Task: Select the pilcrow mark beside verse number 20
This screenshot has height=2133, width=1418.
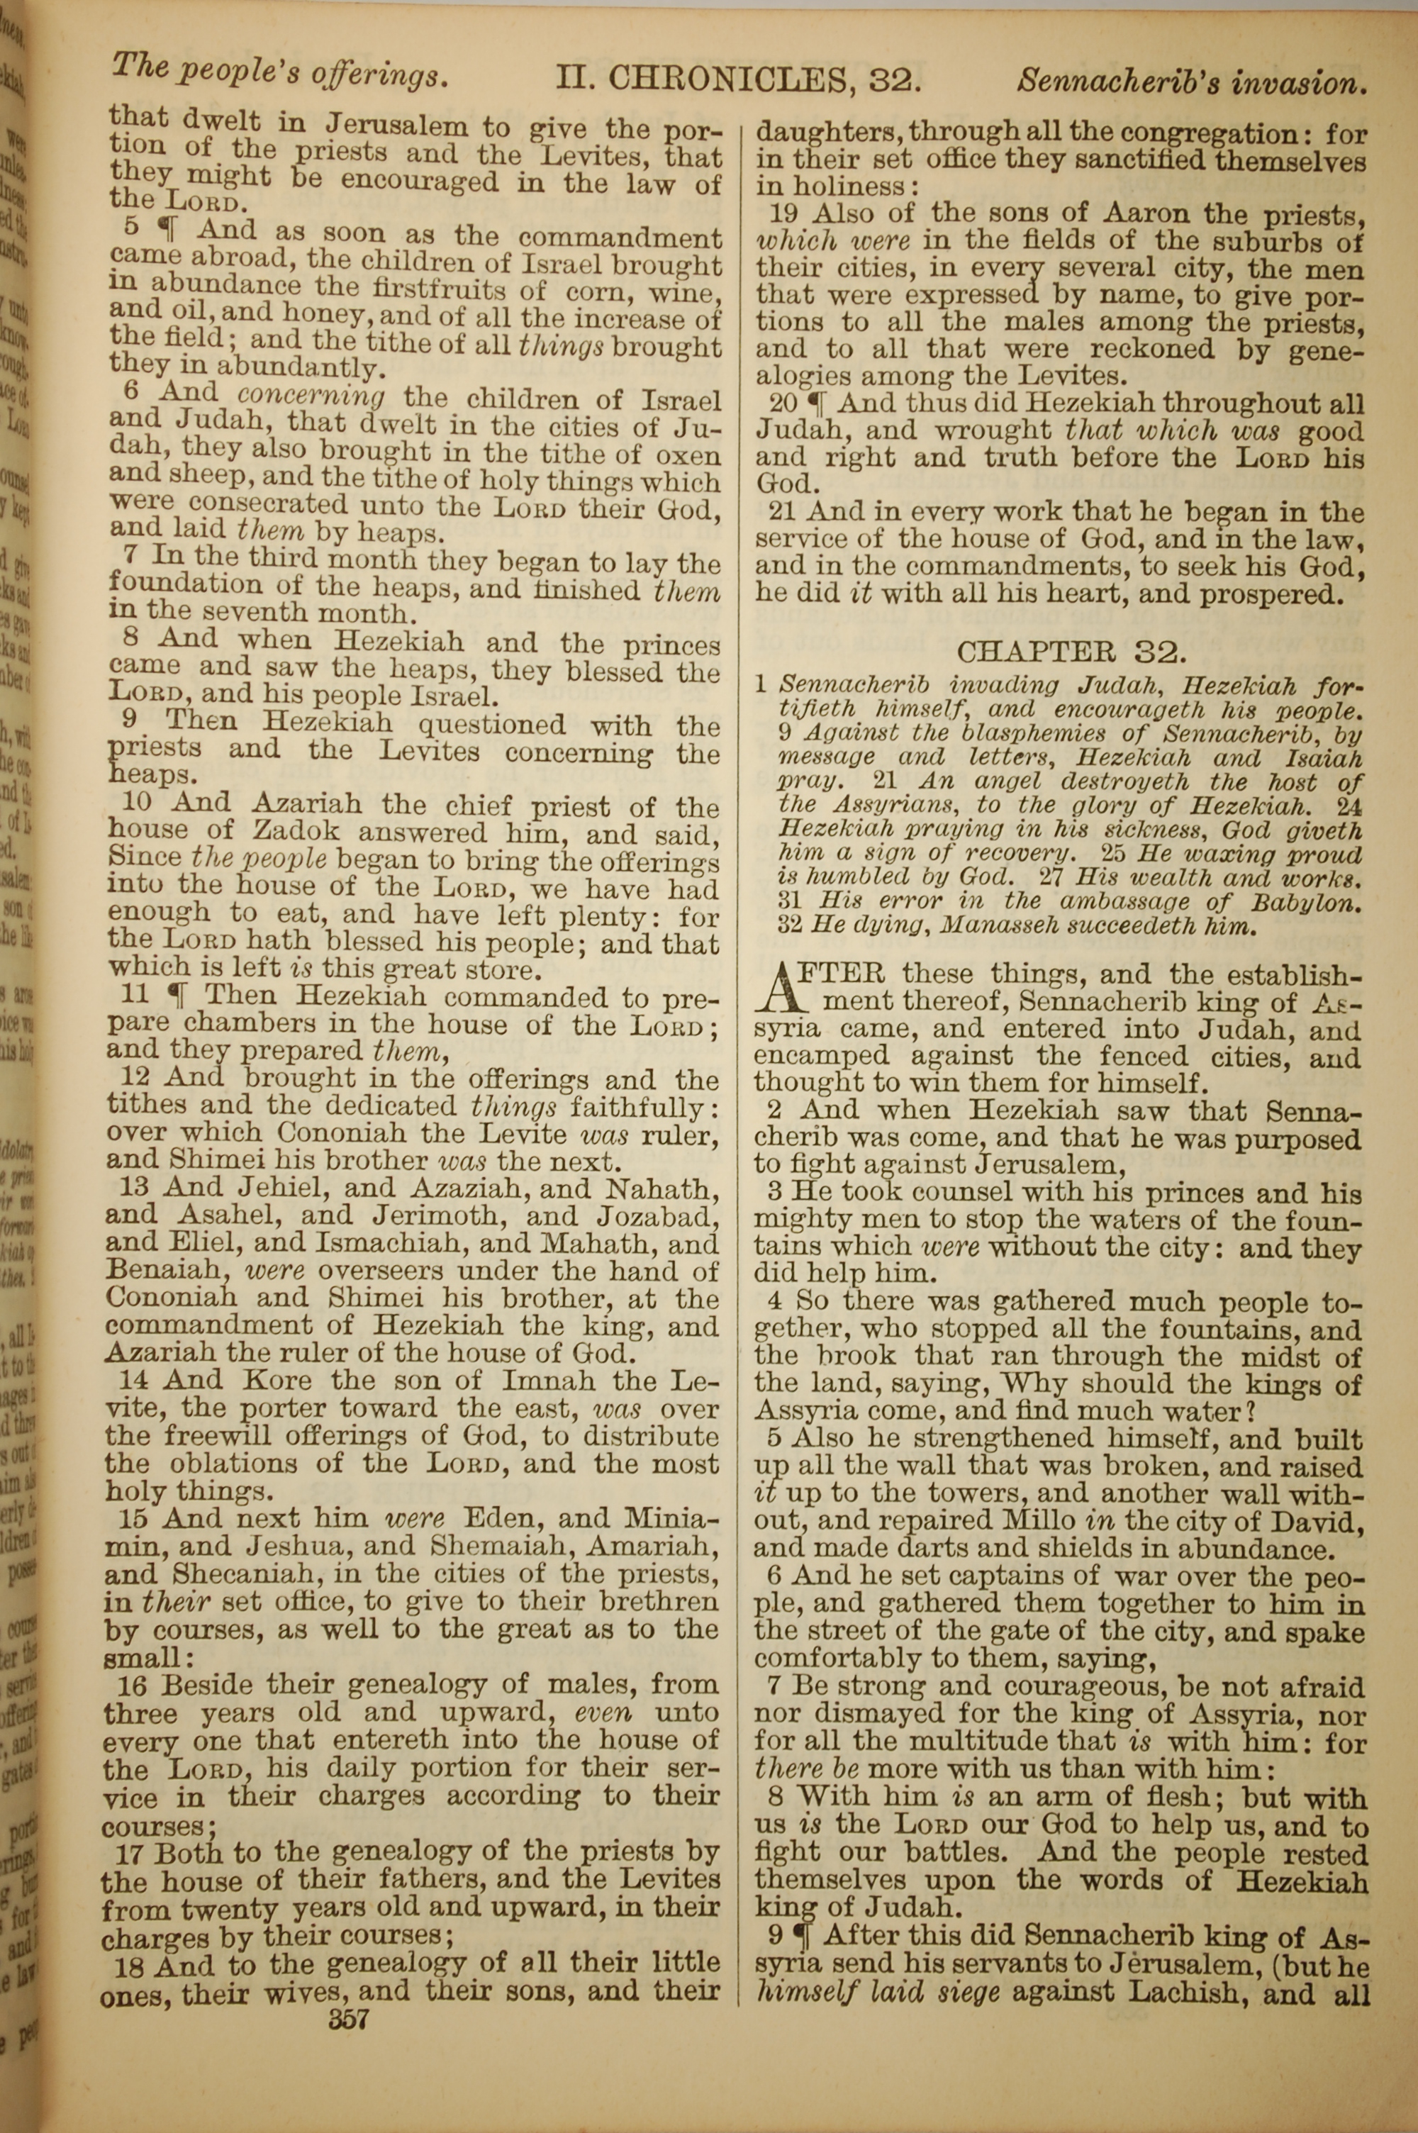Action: pos(817,403)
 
